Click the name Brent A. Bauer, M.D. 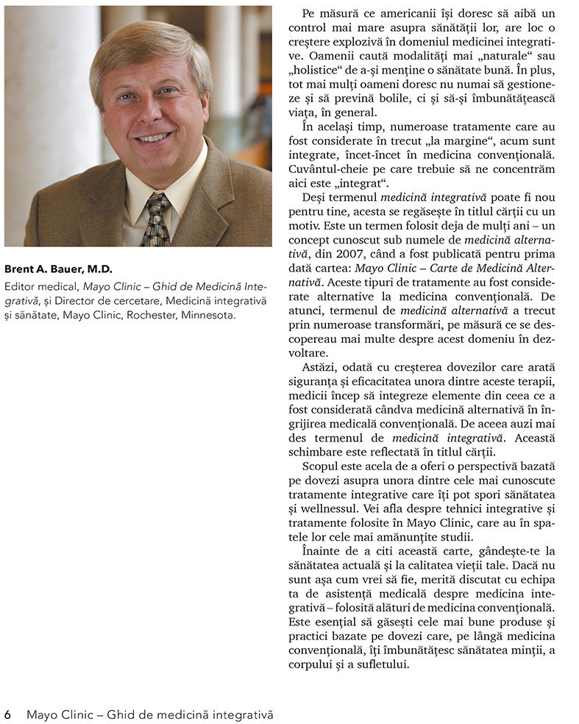point(58,269)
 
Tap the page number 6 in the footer point(7,714)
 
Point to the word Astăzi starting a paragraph point(319,366)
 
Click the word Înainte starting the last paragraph point(322,550)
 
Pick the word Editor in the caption point(20,286)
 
